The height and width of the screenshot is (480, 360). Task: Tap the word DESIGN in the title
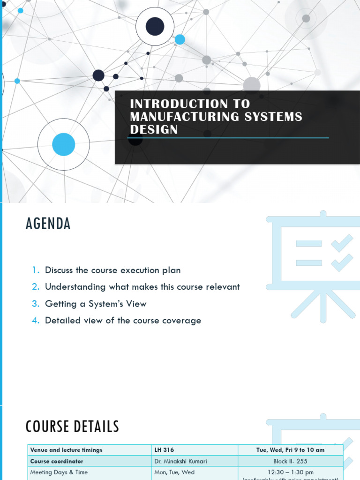point(154,129)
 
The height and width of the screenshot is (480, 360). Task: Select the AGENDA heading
point(48,224)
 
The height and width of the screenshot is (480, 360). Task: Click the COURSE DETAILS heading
point(72,427)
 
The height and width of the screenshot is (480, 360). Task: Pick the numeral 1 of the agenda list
point(36,270)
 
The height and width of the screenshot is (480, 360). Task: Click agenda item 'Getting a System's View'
point(96,304)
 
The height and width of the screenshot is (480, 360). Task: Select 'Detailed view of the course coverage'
point(123,321)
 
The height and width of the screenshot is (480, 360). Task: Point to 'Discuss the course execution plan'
point(112,270)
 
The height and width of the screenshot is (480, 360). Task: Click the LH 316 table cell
point(164,450)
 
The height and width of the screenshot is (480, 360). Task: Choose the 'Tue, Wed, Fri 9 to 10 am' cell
point(290,450)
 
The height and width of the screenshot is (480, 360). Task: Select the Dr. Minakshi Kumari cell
point(180,461)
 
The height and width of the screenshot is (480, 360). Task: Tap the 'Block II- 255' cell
point(290,461)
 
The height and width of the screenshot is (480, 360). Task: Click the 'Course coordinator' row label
point(57,461)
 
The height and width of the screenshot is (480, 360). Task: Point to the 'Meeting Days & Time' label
point(59,472)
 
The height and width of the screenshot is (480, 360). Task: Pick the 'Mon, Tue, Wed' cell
point(174,472)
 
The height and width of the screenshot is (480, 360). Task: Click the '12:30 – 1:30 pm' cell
point(290,472)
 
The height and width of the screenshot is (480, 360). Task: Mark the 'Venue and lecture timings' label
point(66,450)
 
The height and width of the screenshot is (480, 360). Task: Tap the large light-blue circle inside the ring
point(64,144)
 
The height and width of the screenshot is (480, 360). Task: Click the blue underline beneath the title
point(229,138)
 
